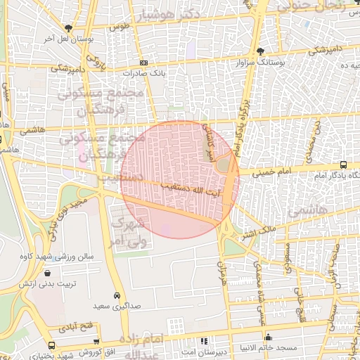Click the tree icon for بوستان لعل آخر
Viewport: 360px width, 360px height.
[x=68, y=28]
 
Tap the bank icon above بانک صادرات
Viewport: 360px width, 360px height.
[x=144, y=63]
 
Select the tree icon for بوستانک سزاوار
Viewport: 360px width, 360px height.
[x=261, y=51]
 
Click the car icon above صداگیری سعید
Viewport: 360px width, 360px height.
[x=116, y=296]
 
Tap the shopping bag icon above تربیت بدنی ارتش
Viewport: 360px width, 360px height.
[x=46, y=274]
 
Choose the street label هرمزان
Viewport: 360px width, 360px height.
[x=217, y=266]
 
